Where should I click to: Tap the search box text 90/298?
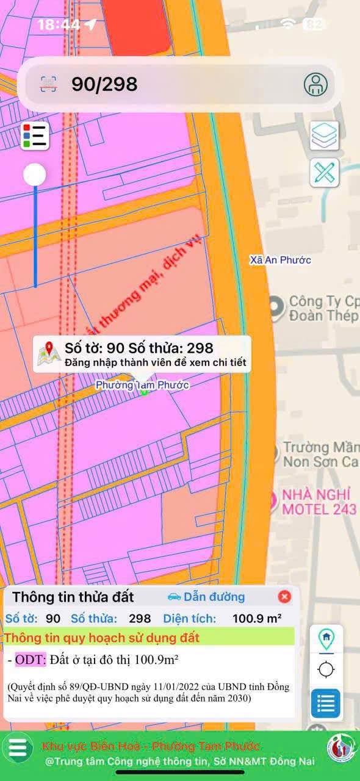pos(104,84)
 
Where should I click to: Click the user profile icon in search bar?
pos(315,84)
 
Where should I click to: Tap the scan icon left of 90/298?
pos(49,84)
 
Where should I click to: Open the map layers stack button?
pos(325,135)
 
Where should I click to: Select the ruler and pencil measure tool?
pos(325,173)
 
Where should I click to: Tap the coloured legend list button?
pos(35,135)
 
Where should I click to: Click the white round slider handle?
pos(35,175)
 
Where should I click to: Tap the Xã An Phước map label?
pos(280,260)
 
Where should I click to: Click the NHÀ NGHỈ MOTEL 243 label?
pos(317,501)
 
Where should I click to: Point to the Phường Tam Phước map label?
pos(142,385)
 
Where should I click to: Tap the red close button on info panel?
pos(284,597)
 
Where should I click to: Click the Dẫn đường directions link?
pos(206,597)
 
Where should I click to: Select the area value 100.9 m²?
pos(257,618)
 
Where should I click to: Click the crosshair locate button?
pos(326,669)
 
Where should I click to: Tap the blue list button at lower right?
pos(326,704)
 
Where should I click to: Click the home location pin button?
pos(326,639)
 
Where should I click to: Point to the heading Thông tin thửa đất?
pos(73,597)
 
